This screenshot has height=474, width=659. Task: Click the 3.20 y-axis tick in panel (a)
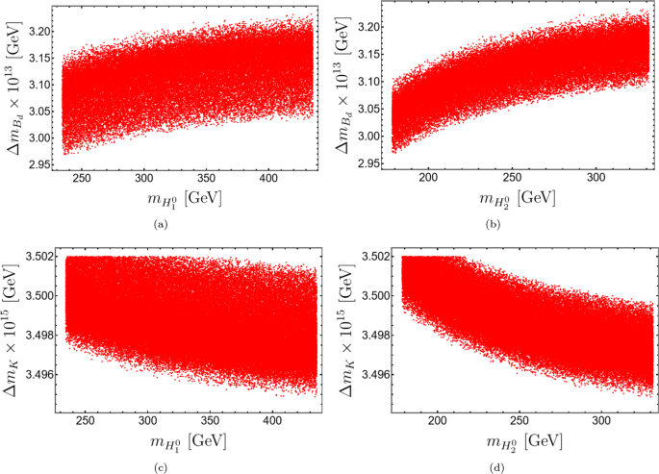[x=39, y=31]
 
